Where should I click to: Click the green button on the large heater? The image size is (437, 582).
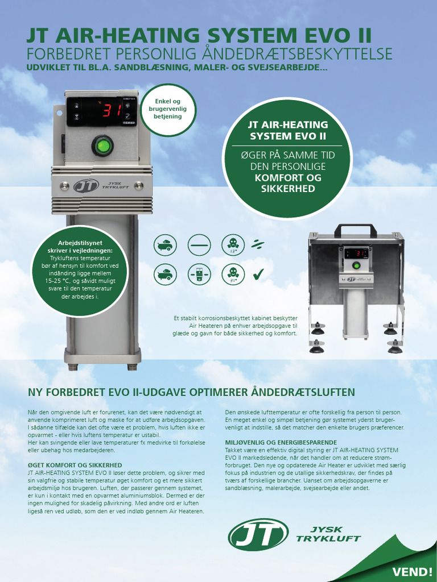pos(102,146)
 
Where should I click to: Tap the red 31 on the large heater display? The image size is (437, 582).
pos(110,111)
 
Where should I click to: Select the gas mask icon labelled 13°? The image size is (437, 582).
pos(232,244)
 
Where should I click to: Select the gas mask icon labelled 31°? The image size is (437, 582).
pos(232,275)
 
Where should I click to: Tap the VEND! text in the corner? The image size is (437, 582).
pos(412,571)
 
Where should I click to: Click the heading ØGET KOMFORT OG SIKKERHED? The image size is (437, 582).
pos(75,465)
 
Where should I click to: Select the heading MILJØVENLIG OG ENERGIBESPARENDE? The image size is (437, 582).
pos(281,442)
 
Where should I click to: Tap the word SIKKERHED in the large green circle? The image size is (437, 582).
pos(287,188)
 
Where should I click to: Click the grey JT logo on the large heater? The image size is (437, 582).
pos(86,186)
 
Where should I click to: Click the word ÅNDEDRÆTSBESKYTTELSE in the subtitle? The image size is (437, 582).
pos(300,54)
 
